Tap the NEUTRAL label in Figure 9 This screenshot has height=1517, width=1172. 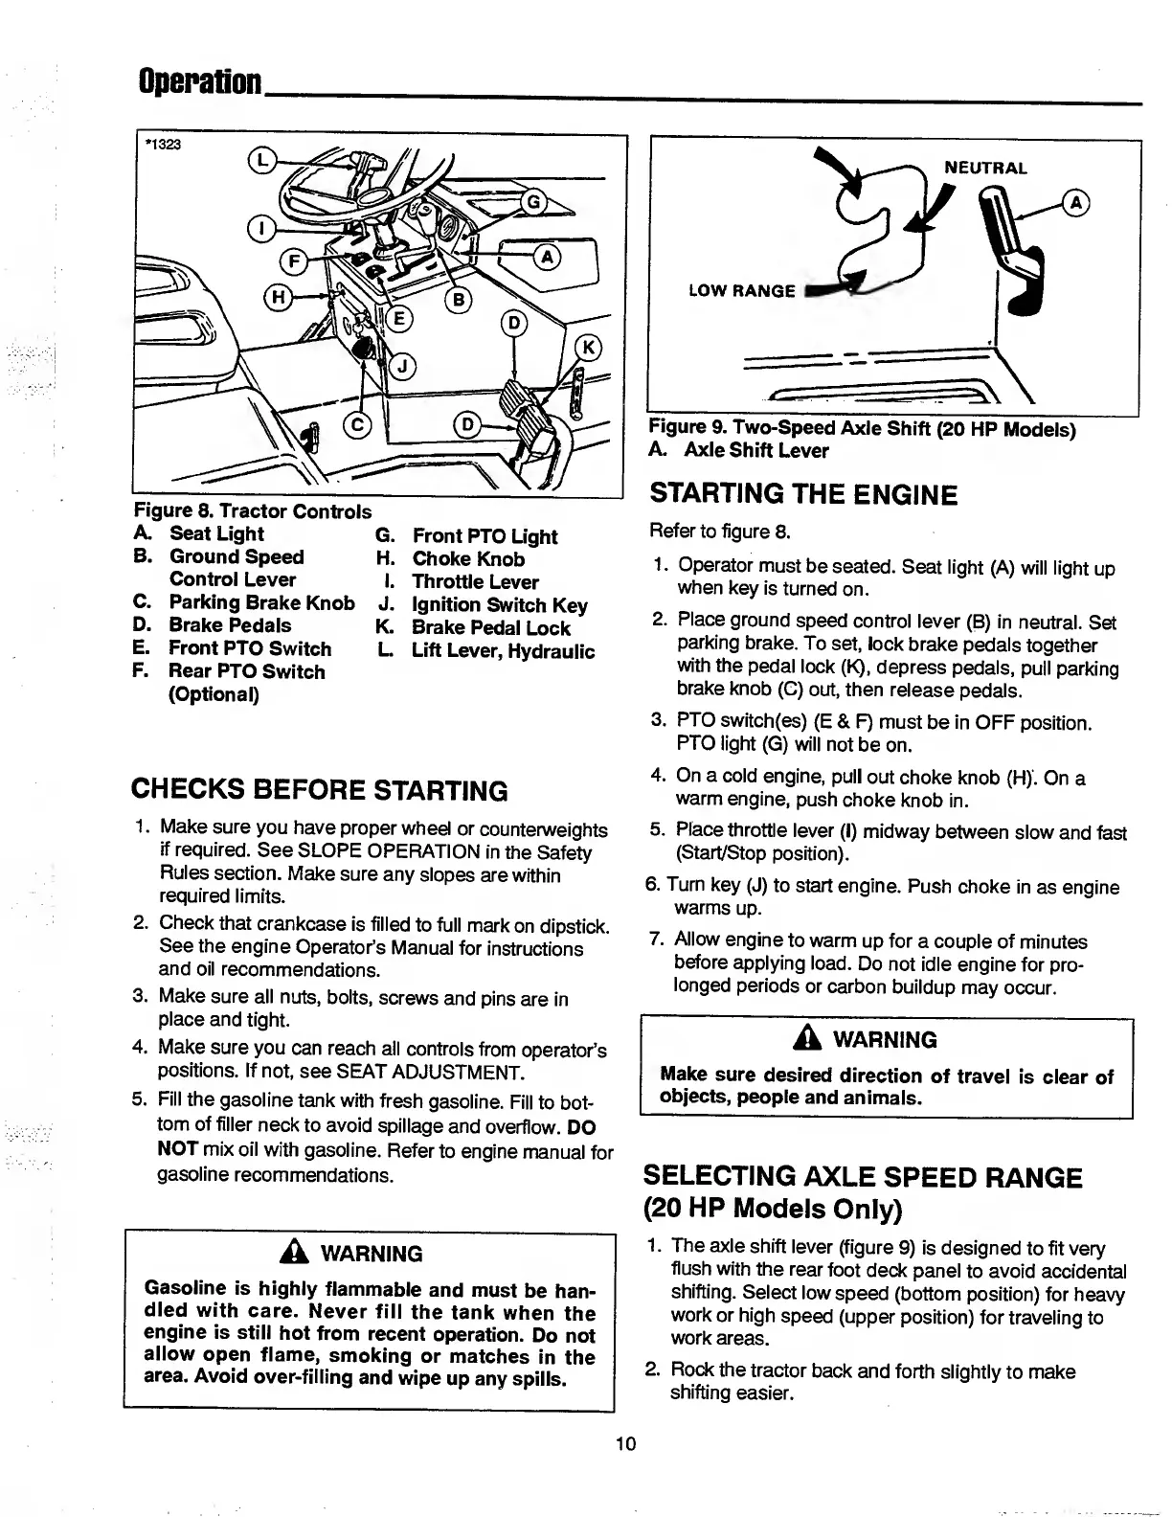(x=985, y=169)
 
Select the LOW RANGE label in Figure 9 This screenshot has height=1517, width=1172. (x=741, y=290)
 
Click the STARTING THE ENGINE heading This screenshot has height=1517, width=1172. (x=802, y=495)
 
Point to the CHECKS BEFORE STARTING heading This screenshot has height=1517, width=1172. (x=320, y=790)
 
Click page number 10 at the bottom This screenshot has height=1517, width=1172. (x=626, y=1443)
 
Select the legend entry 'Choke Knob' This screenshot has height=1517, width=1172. (x=467, y=559)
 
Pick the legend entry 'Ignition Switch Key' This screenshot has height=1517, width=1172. (x=499, y=605)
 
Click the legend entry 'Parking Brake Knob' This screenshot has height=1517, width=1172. (x=261, y=602)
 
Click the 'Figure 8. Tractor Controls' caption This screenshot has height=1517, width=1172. (x=252, y=511)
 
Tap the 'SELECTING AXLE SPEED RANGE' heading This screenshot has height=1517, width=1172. (x=863, y=1177)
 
